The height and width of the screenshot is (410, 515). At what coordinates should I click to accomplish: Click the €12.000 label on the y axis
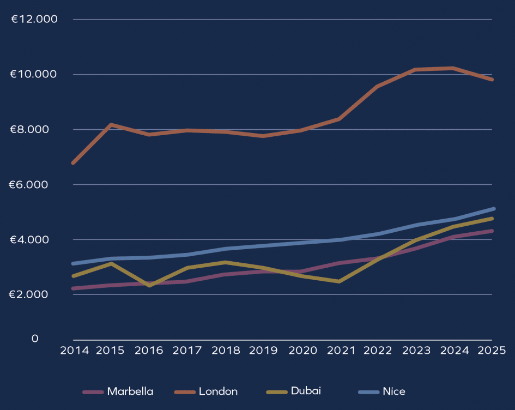coord(34,20)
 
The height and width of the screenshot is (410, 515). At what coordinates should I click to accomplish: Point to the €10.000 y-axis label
coord(34,74)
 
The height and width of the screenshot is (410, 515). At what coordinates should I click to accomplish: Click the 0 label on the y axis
coord(35,339)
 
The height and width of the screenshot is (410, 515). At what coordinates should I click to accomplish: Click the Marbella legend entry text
coord(130,391)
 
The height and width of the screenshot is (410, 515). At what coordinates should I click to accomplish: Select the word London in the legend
coord(218,391)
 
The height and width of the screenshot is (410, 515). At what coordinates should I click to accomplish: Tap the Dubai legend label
coord(306,391)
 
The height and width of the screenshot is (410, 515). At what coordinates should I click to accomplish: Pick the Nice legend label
coord(394,391)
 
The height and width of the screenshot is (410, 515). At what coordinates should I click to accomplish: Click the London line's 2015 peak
coord(111,125)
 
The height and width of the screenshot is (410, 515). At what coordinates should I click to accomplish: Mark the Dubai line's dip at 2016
coord(149,285)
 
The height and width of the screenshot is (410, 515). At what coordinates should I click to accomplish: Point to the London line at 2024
coord(453,68)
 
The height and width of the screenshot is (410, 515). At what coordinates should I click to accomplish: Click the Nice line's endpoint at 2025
coord(493,209)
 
